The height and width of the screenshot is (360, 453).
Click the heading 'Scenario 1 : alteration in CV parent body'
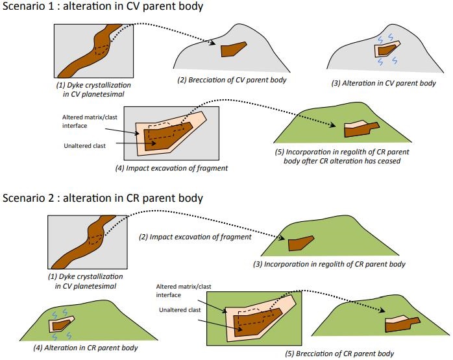(x=103, y=8)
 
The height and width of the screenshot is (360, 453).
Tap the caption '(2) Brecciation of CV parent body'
(x=232, y=80)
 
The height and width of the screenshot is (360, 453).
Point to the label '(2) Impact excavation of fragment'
(x=195, y=237)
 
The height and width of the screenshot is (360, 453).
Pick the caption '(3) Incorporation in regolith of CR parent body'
(x=329, y=264)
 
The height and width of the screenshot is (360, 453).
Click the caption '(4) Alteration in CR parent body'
(x=85, y=348)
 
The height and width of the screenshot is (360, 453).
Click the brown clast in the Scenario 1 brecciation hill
(x=232, y=49)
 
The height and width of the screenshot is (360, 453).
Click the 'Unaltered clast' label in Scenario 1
(x=86, y=145)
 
